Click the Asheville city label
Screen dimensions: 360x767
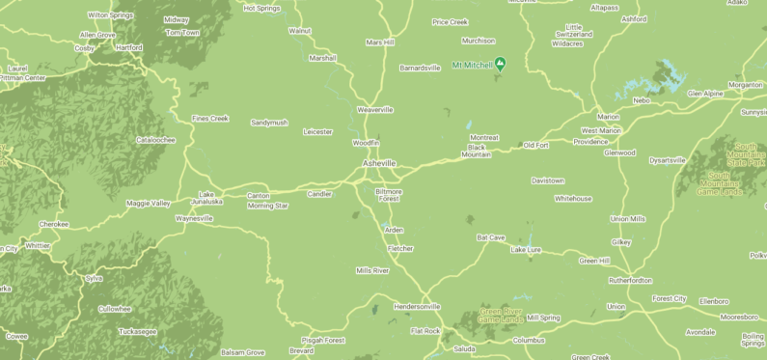click(379, 164)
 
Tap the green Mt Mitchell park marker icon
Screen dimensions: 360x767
click(501, 66)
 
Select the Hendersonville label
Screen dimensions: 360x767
click(417, 307)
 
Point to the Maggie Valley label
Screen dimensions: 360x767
click(148, 204)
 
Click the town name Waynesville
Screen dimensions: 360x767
click(194, 219)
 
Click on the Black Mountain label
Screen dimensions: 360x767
click(477, 151)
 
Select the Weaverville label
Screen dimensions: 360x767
click(375, 110)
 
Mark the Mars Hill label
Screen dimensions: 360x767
click(380, 42)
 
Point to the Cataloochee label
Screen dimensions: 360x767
click(155, 140)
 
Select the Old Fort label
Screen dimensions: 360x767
click(535, 145)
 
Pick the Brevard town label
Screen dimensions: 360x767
click(301, 351)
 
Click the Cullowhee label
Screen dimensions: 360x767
click(114, 309)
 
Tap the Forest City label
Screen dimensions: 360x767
click(669, 299)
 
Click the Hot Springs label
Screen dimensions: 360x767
click(261, 8)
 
